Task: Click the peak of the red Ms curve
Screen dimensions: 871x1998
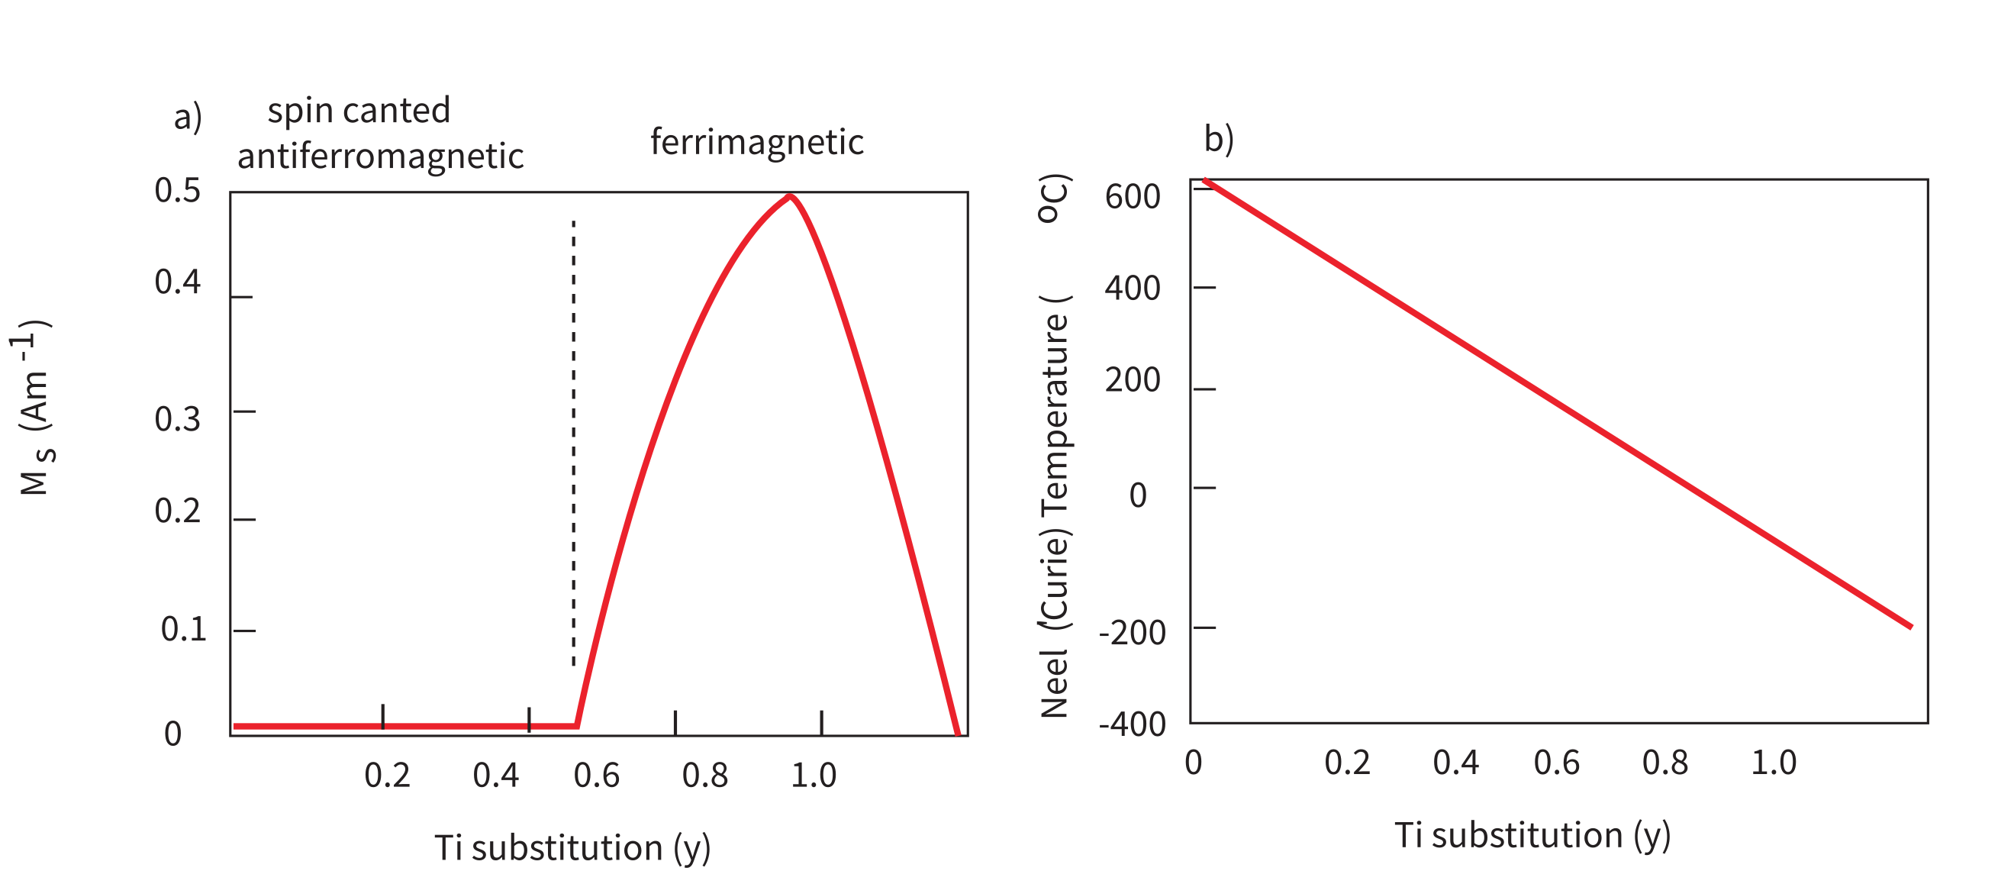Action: [790, 196]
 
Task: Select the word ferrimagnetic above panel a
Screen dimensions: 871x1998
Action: [756, 142]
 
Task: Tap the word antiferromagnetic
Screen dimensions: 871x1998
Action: [380, 156]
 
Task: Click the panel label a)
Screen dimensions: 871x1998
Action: [188, 117]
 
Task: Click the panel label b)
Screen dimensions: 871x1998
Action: [1219, 139]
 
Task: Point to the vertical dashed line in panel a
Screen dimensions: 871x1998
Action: [573, 442]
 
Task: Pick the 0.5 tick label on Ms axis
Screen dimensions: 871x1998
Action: [178, 191]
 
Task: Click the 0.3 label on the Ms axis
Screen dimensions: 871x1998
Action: [178, 420]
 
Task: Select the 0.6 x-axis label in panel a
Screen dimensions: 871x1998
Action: [597, 776]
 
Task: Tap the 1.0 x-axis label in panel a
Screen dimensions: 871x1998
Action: [813, 776]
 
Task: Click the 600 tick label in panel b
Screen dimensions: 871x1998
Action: [1133, 197]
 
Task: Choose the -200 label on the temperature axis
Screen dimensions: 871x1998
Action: [1132, 634]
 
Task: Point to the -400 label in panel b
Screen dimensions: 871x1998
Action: [1132, 725]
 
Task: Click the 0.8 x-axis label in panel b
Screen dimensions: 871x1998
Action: [1664, 763]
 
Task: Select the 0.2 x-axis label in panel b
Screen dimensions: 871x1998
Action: [1346, 763]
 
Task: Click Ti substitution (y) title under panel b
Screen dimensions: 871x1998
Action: [1532, 836]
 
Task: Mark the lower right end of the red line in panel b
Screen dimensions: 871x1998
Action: [1909, 626]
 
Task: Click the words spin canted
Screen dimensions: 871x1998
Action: [359, 111]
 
